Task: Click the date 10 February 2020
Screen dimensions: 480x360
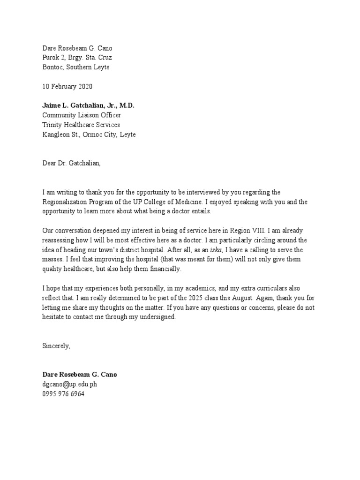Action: (67, 87)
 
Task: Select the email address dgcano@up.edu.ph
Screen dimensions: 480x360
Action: (70, 384)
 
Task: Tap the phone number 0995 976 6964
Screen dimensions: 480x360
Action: (64, 394)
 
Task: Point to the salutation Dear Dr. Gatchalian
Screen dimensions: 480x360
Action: (71, 164)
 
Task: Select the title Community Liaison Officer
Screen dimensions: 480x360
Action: (84, 115)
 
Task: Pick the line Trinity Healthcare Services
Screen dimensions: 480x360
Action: (81, 125)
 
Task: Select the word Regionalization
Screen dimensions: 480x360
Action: (65, 202)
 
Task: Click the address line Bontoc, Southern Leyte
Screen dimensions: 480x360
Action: (76, 67)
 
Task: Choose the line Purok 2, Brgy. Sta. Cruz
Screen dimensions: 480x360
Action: (77, 58)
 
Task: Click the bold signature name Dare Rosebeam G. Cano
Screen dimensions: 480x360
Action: (80, 375)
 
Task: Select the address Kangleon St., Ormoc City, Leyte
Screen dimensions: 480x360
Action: (90, 135)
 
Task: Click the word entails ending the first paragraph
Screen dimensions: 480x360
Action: (200, 212)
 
